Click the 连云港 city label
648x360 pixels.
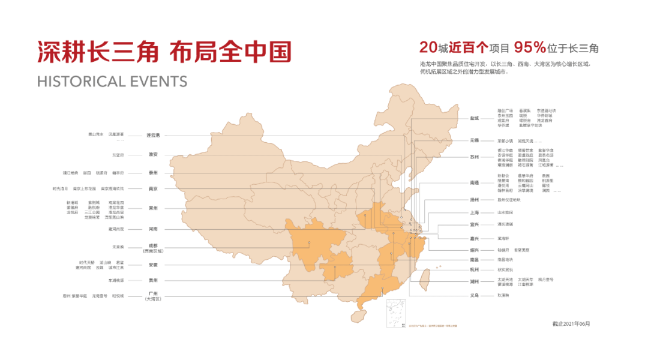point(153,135)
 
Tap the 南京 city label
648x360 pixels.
point(153,188)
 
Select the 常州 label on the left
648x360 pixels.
point(153,208)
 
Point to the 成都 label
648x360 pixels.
point(153,246)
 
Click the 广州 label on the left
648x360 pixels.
point(153,294)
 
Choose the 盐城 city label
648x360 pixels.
point(475,118)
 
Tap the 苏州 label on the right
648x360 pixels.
point(475,157)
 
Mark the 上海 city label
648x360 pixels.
point(475,212)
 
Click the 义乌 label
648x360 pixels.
point(475,295)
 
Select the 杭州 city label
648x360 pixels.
point(475,270)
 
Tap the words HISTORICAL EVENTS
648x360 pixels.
point(112,82)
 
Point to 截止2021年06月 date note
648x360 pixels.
point(571,323)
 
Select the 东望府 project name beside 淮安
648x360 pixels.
point(118,155)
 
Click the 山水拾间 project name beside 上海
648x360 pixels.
point(505,212)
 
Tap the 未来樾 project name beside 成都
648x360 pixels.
point(118,247)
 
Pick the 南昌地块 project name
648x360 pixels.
point(505,260)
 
